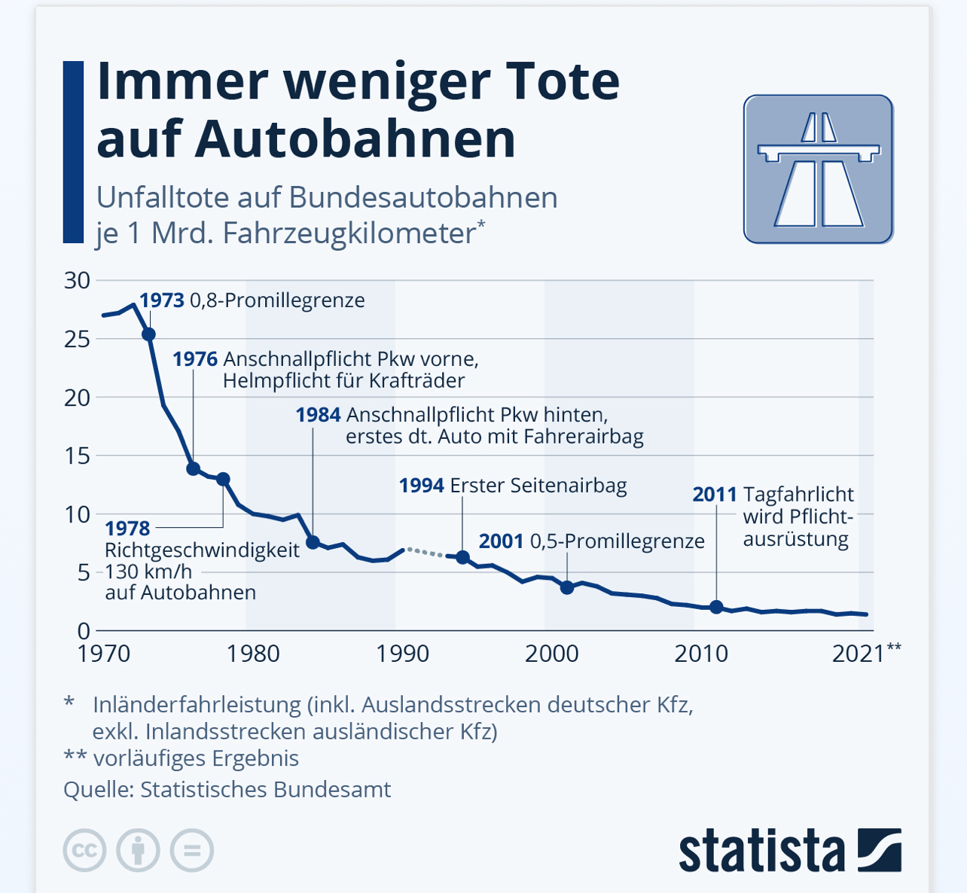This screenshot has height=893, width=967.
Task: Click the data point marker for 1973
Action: coord(148,334)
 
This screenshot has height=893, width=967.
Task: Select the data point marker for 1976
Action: coord(193,469)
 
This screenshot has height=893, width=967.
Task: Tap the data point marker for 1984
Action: coord(313,542)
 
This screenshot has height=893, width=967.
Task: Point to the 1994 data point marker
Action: coord(463,557)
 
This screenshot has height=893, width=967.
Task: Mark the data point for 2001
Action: coord(567,587)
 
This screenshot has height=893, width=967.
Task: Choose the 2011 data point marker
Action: coord(716,608)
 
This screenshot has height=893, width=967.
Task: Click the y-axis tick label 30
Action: coord(77,281)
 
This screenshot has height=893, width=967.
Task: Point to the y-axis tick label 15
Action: coord(77,456)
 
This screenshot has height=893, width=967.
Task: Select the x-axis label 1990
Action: coord(403,654)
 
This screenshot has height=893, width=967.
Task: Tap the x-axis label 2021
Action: coord(859,654)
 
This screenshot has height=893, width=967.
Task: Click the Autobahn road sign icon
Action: coord(818,169)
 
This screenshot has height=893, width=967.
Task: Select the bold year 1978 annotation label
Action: coord(127,529)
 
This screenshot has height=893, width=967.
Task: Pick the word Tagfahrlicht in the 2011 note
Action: coord(798,495)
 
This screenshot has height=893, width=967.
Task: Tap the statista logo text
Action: coord(761,851)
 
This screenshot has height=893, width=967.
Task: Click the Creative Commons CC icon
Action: coord(84,851)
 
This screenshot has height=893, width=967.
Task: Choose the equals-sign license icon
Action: coord(192,851)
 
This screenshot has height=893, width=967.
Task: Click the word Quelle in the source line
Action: coord(98,790)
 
